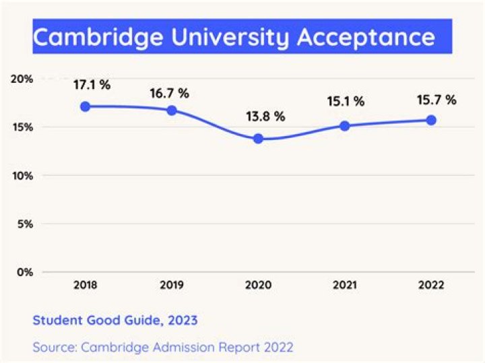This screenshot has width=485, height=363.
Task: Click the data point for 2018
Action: pos(86,106)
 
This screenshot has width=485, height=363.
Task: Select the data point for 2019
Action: pos(172,110)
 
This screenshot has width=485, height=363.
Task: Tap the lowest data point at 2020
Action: pos(258,139)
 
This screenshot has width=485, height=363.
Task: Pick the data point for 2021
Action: pos(345,126)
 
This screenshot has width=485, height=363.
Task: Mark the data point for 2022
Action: pos(431,120)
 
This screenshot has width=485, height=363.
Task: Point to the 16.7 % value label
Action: pos(169,93)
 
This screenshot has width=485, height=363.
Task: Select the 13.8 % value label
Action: pos(265,116)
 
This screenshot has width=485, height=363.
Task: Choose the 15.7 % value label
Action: pos(437,100)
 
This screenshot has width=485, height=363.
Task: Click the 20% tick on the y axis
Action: pos(22,79)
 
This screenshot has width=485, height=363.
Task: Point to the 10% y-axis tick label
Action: pos(22,176)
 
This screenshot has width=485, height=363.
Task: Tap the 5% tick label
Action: pos(26,224)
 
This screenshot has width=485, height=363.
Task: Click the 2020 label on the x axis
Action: pos(258,286)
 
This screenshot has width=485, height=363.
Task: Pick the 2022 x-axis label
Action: pos(431,286)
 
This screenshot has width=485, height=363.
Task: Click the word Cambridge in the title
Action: pos(92,37)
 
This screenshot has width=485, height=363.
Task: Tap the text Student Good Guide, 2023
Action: pos(115,321)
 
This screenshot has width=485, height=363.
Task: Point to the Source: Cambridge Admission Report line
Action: pos(162,348)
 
